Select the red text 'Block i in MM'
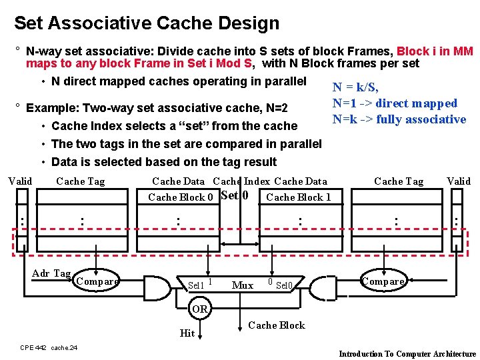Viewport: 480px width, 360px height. tap(435, 51)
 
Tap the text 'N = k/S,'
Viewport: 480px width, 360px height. tap(355, 87)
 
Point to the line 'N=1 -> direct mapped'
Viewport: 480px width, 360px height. tap(395, 103)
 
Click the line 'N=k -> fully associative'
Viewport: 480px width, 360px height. tap(399, 119)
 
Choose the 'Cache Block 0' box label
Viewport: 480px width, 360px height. tap(180, 197)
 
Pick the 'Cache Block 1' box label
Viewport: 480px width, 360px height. tap(298, 197)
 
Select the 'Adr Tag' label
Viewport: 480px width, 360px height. tap(51, 273)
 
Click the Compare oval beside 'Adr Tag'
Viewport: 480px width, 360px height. tap(97, 281)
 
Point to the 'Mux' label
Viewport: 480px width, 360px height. tap(242, 285)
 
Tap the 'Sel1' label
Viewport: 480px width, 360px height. tap(196, 285)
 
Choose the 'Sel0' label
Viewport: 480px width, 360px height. tap(285, 285)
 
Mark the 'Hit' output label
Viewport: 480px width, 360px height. tap(187, 333)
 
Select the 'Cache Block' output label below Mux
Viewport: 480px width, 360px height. tap(276, 325)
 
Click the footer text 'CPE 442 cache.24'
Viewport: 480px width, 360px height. tap(49, 347)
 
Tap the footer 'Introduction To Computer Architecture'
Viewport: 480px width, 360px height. tap(407, 354)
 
